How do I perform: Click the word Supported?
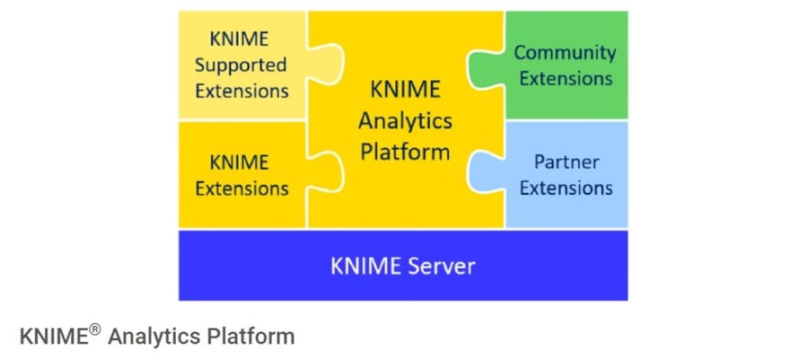(241, 65)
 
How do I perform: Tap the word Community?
(565, 52)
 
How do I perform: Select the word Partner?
(566, 162)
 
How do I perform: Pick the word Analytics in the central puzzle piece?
(405, 120)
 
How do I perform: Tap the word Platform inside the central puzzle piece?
(405, 151)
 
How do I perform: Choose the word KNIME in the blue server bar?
(363, 266)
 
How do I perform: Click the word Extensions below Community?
(566, 78)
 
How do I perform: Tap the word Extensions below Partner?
(566, 189)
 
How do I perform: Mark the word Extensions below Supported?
(241, 91)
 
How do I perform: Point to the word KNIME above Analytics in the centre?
(405, 91)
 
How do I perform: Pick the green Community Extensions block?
(575, 99)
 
